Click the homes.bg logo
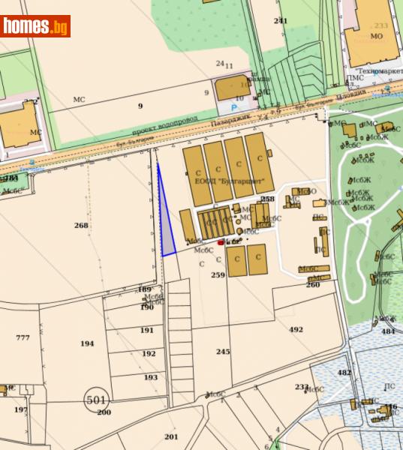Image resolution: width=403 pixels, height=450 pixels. [x=35, y=27]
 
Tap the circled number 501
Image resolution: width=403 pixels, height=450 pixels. [x=96, y=400]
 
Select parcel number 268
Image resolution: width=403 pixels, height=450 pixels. [x=81, y=225]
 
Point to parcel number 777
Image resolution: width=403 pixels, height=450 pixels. [x=23, y=337]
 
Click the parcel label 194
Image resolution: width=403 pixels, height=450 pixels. [x=87, y=343]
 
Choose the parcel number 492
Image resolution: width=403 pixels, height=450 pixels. [x=296, y=329]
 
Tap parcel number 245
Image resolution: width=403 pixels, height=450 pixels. [x=223, y=351]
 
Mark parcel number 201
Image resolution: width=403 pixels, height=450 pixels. [x=171, y=436]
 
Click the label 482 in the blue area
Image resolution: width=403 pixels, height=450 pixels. [x=344, y=373]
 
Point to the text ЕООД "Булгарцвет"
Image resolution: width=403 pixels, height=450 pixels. [x=234, y=181]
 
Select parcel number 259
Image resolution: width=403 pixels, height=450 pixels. [x=218, y=275]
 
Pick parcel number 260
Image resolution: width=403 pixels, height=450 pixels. [x=313, y=284]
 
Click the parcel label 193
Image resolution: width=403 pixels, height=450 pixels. [x=151, y=376]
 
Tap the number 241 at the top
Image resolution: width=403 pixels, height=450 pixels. [x=281, y=20]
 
